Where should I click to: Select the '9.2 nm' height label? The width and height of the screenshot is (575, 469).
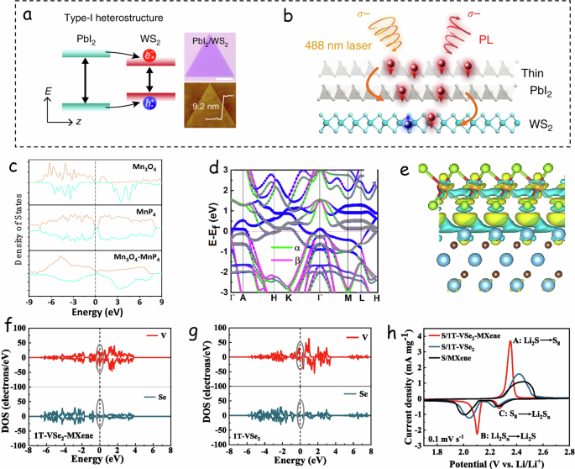pos(209,106)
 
